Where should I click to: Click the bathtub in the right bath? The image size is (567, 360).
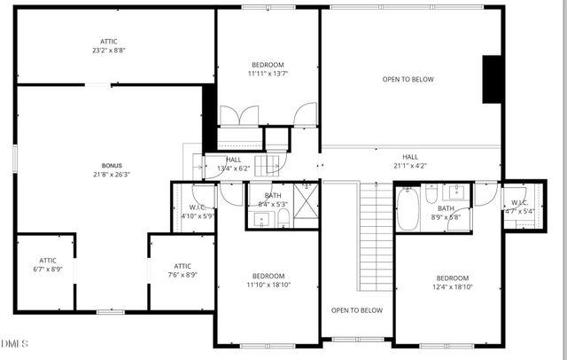tap(408, 209)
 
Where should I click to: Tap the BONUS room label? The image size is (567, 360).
tap(113, 166)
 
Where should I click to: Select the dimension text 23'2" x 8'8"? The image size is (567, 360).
tap(108, 51)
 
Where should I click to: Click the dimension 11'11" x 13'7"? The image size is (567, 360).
tap(268, 74)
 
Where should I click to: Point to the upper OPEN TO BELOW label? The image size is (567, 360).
tap(408, 80)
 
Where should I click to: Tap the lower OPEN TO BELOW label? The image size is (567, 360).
tap(357, 310)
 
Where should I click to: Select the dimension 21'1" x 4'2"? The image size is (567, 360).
tap(410, 166)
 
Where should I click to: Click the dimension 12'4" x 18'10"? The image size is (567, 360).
tap(452, 286)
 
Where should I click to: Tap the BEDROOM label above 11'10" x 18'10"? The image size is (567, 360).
tap(268, 276)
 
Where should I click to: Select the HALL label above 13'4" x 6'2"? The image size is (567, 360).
tap(233, 160)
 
